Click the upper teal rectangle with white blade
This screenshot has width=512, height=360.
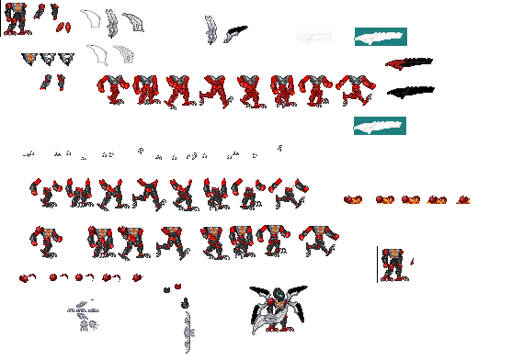(381, 38)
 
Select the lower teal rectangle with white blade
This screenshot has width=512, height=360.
(381, 126)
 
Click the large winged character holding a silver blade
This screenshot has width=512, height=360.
(276, 308)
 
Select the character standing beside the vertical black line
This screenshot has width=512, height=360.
(393, 264)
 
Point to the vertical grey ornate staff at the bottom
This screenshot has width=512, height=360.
(188, 332)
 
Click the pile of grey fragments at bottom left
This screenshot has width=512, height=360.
(84, 315)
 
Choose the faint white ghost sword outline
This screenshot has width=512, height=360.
(315, 38)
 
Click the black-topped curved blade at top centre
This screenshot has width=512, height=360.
(235, 34)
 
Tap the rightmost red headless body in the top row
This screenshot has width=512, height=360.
(356, 91)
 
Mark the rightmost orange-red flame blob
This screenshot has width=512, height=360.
(462, 198)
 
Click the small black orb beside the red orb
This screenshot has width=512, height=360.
(167, 290)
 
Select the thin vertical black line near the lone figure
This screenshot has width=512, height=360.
(377, 264)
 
